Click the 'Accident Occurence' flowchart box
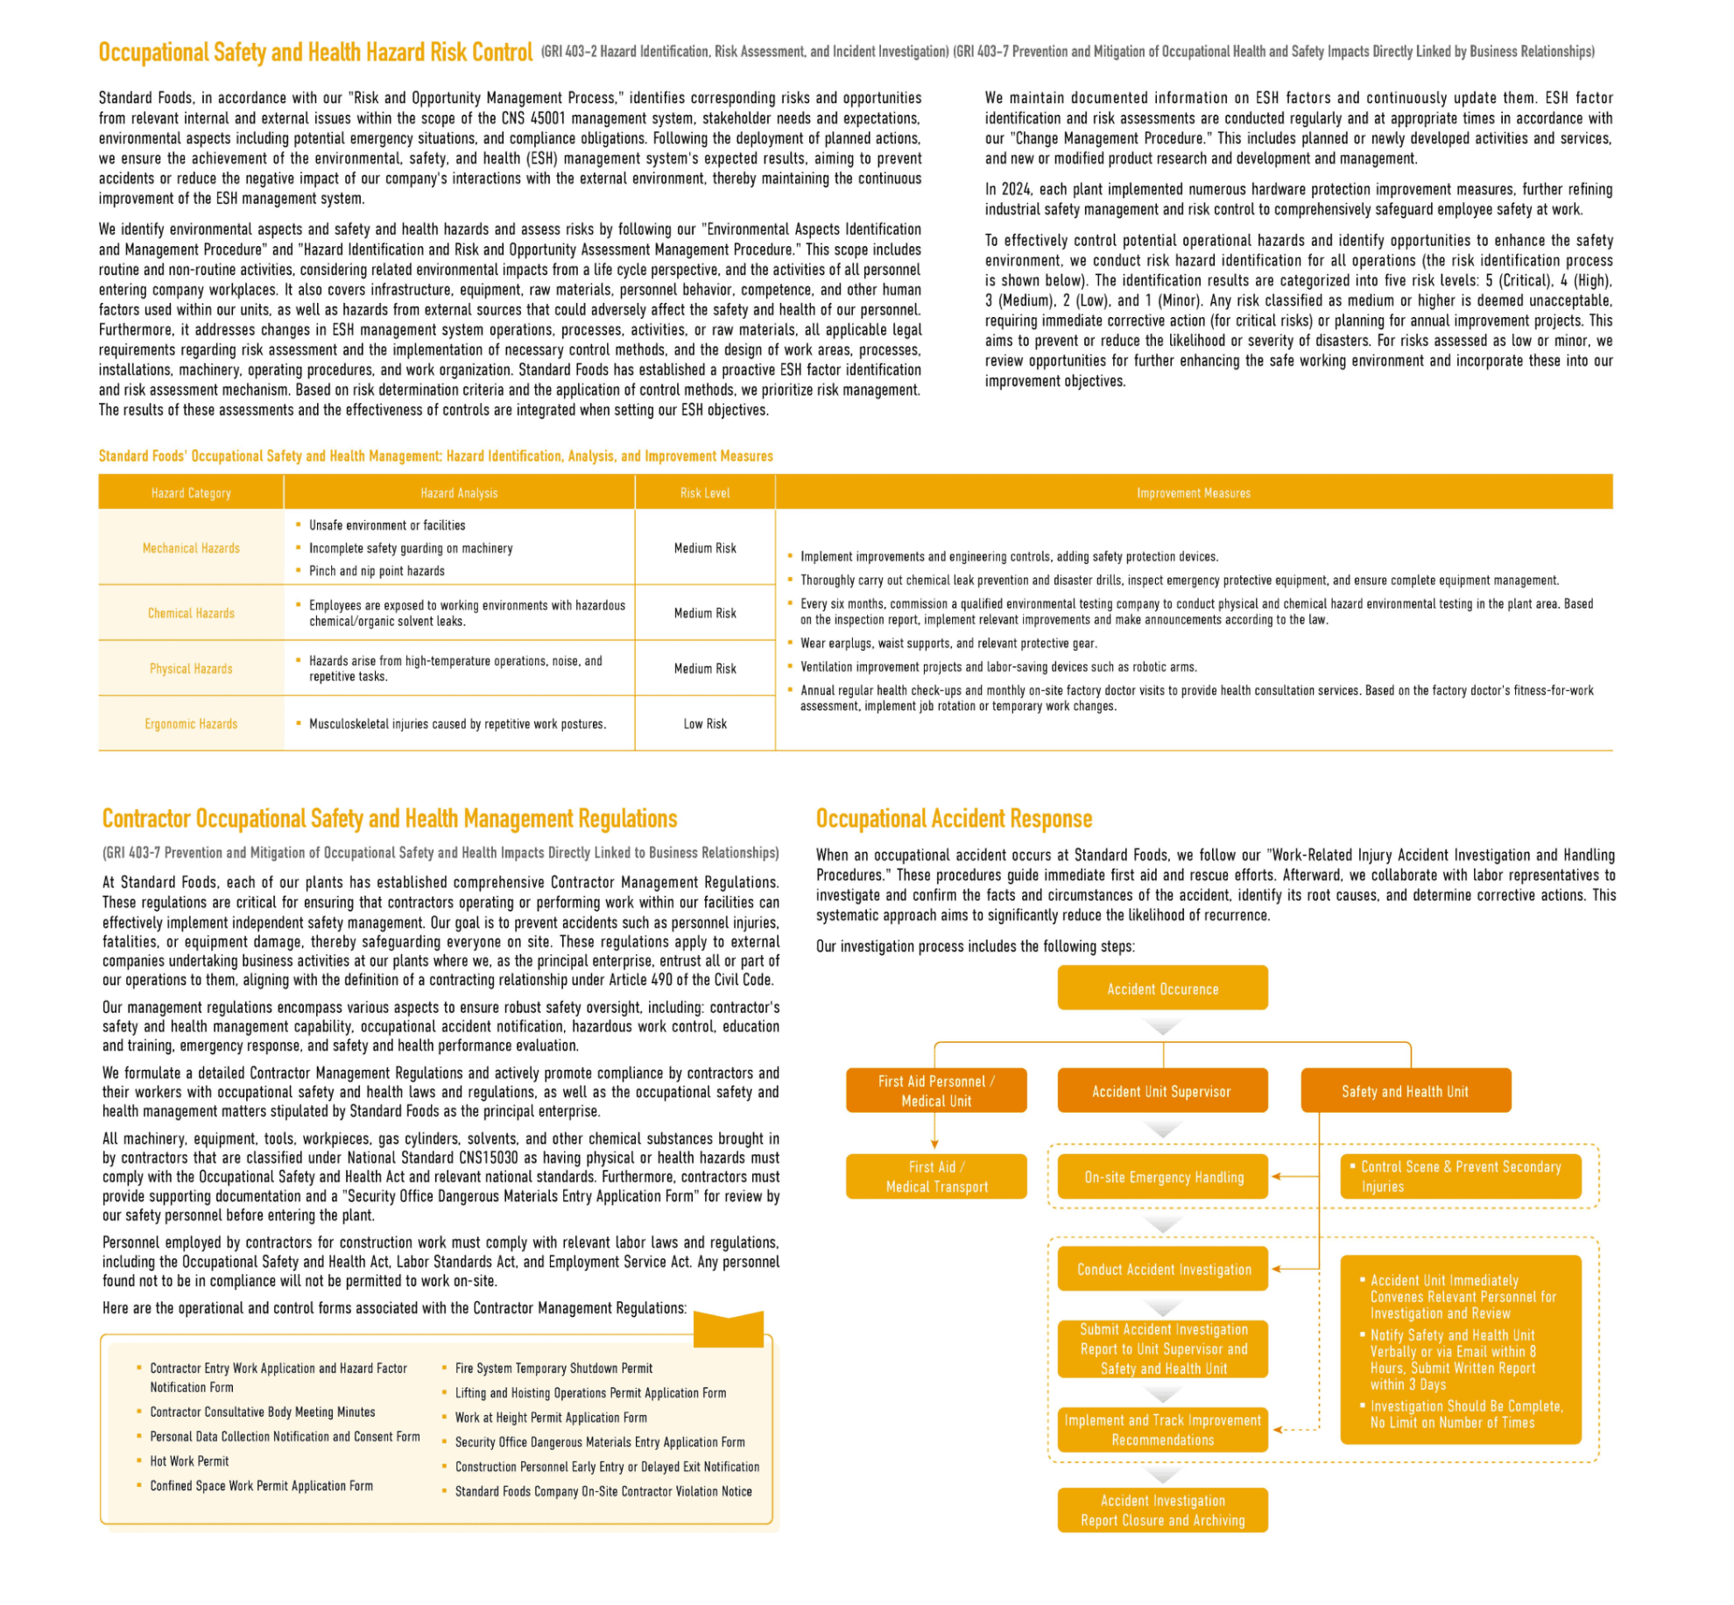click(1162, 989)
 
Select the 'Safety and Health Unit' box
click(1405, 1091)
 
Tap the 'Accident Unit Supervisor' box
click(1161, 1091)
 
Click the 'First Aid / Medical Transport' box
click(936, 1177)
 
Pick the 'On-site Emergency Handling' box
click(1163, 1177)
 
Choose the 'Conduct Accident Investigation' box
click(1163, 1269)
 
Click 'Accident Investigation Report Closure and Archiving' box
click(1162, 1510)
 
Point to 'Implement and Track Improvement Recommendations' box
click(1162, 1429)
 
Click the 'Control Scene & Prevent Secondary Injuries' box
click(1460, 1176)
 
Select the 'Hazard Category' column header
click(191, 493)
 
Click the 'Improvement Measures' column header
click(1193, 493)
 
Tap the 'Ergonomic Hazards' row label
click(191, 723)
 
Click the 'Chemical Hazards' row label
click(191, 613)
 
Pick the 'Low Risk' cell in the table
click(705, 723)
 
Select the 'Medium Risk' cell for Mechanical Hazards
click(705, 548)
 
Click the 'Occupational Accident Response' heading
click(954, 819)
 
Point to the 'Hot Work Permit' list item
click(189, 1461)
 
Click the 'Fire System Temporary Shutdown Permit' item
click(553, 1368)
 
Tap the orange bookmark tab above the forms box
click(728, 1328)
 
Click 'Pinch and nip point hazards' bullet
click(377, 571)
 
